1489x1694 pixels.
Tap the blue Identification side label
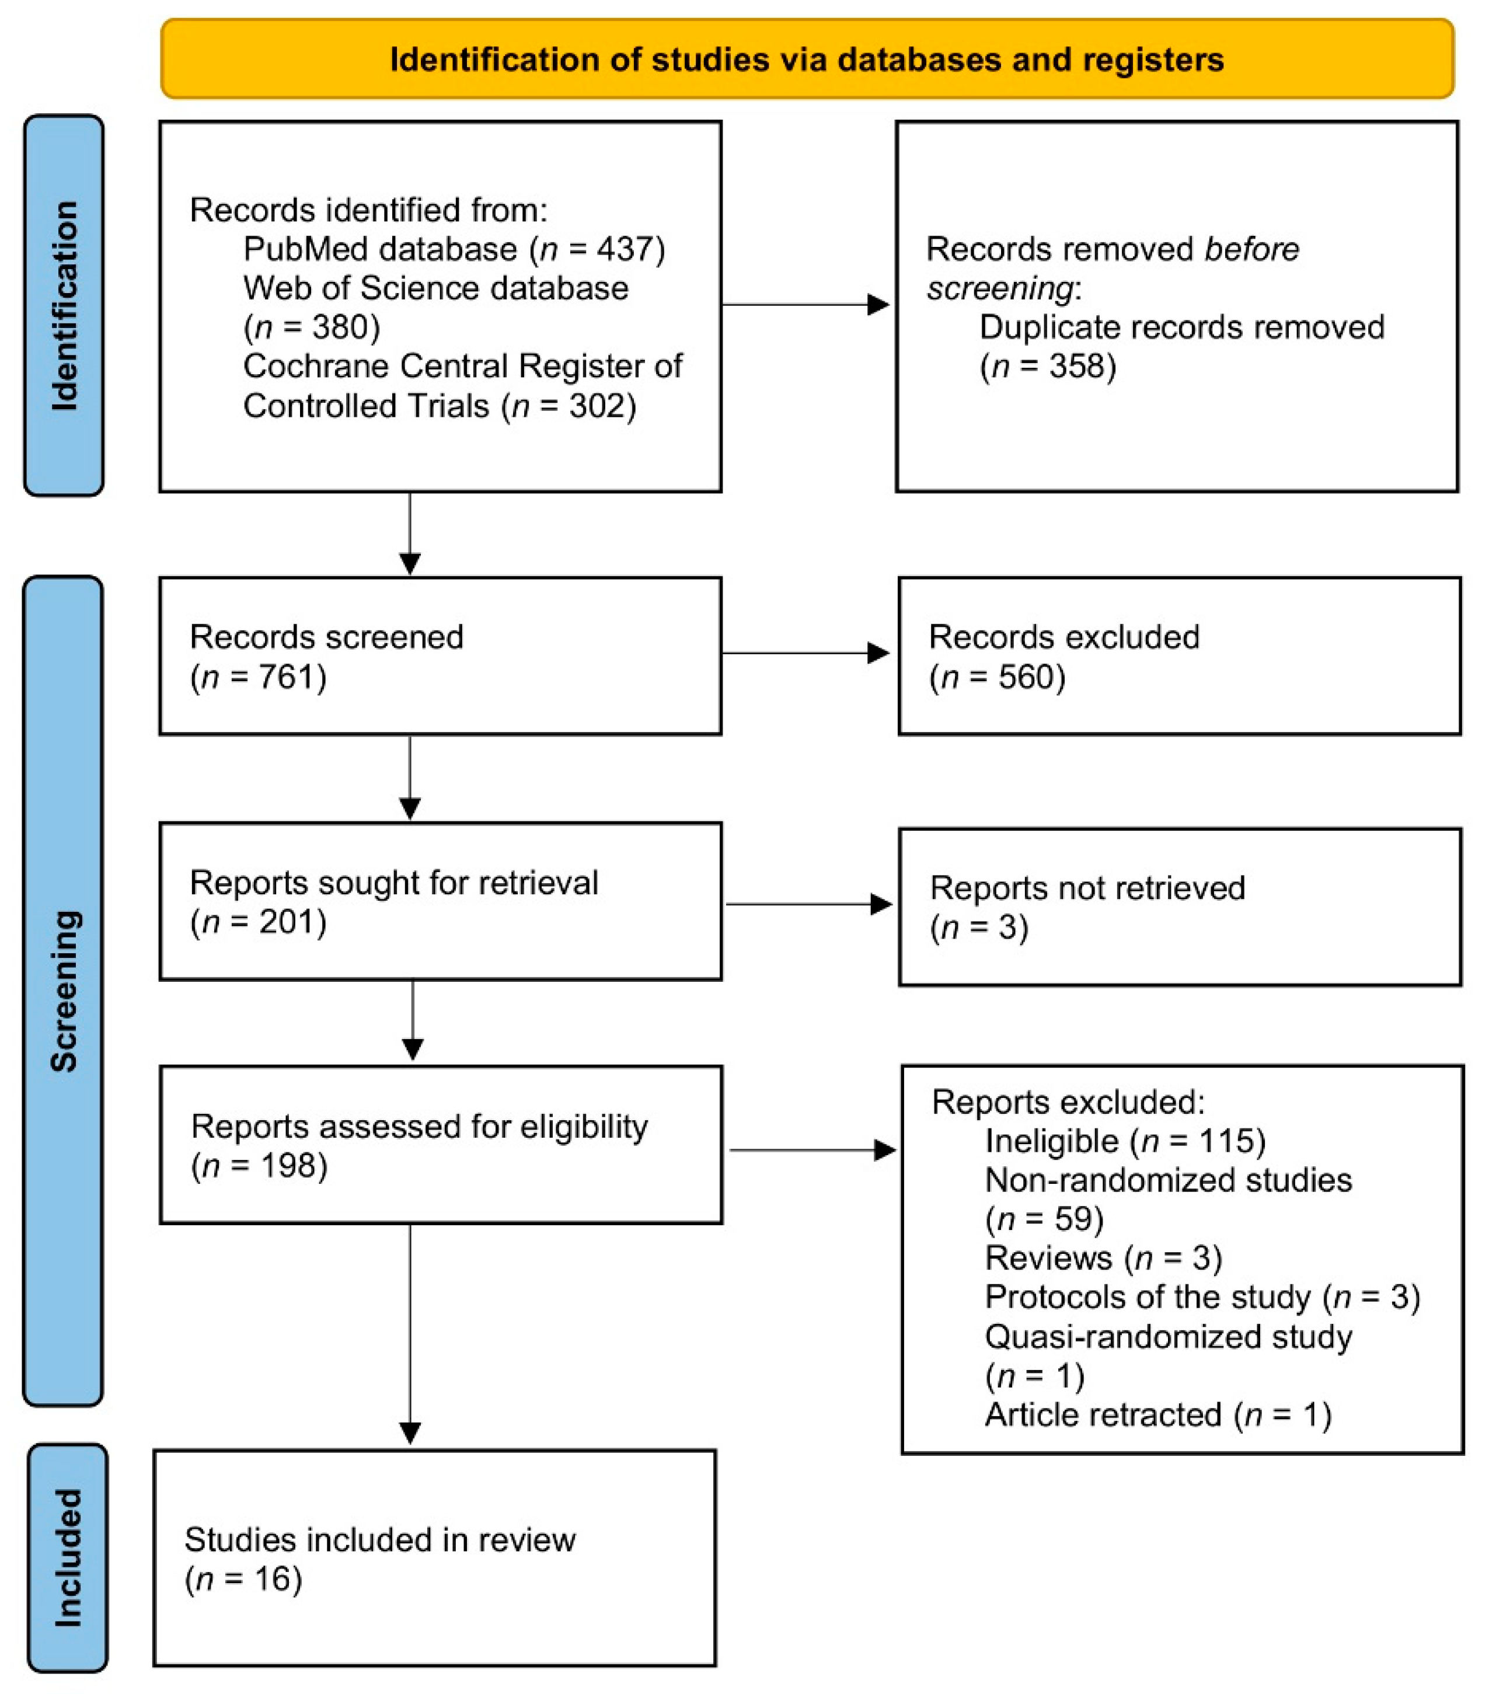point(64,305)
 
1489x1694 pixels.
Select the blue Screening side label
point(64,991)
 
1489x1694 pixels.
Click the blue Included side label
point(67,1557)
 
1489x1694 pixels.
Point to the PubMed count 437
point(629,249)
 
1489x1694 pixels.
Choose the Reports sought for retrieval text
point(393,883)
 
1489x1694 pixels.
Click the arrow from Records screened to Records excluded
point(804,653)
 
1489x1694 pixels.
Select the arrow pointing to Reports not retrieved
point(808,904)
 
